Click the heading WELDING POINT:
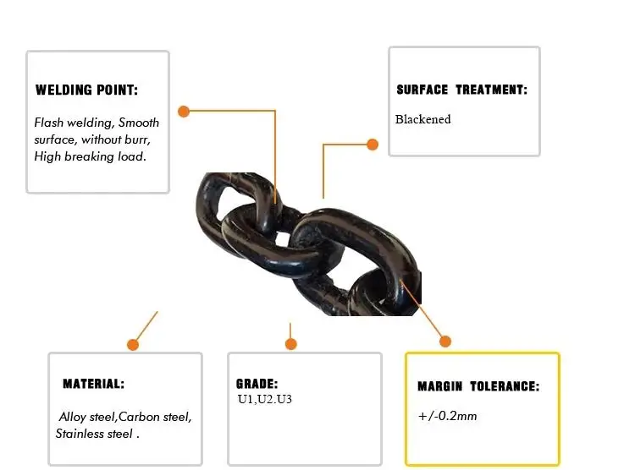86,90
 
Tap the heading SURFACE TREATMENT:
461,90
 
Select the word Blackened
422,119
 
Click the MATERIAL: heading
93,384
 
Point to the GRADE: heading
257,384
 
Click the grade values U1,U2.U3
265,398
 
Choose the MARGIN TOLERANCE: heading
478,386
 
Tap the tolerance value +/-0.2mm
447,416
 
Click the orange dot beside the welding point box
183,111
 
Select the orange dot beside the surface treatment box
373,145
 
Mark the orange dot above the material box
133,344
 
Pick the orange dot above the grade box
291,344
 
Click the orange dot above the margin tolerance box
445,342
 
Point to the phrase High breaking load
91,156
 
